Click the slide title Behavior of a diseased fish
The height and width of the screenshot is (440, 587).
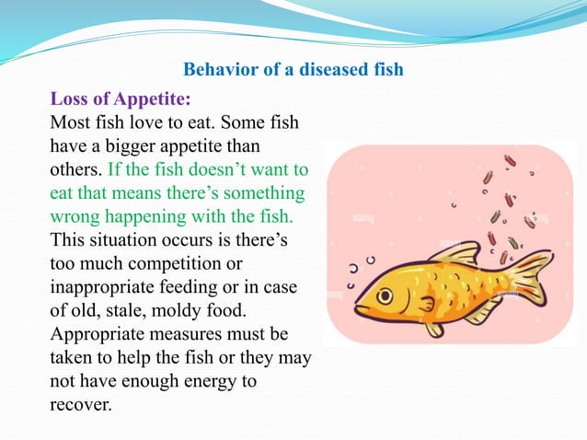pyautogui.click(x=293, y=70)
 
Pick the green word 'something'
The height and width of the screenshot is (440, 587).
pyautogui.click(x=261, y=193)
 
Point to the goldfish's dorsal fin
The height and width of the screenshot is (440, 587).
pyautogui.click(x=455, y=253)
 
